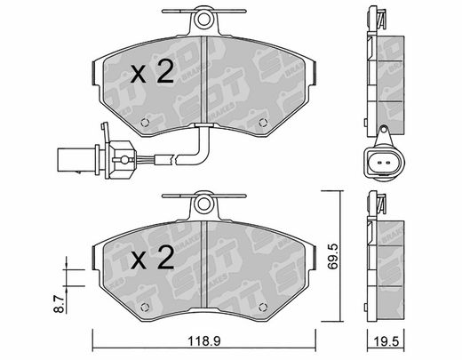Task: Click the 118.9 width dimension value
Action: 204,341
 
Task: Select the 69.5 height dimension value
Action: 333,256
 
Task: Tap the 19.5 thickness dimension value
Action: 386,341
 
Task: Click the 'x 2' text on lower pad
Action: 152,258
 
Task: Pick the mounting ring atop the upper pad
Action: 203,20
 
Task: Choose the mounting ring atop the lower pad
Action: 203,204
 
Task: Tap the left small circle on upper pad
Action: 144,122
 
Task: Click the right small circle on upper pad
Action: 263,122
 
